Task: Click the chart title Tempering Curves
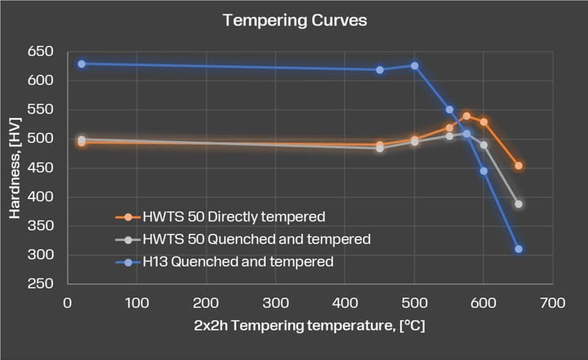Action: tap(295, 21)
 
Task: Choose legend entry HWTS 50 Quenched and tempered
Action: tap(256, 238)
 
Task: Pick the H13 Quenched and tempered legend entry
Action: tap(238, 260)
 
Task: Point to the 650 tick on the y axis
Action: tap(40, 52)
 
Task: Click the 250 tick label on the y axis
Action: tap(40, 284)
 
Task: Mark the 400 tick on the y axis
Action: tap(40, 197)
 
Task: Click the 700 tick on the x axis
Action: tap(552, 303)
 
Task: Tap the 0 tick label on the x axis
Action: tap(67, 303)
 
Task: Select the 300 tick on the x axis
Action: tap(275, 303)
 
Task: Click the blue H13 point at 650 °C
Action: tap(518, 249)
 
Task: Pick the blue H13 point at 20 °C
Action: tap(82, 63)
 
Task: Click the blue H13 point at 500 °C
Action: tap(414, 66)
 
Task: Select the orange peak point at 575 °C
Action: tap(467, 116)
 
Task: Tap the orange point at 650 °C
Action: tap(518, 166)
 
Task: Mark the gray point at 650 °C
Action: tap(518, 204)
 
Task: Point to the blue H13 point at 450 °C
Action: tap(380, 70)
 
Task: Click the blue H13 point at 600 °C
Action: tap(483, 170)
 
